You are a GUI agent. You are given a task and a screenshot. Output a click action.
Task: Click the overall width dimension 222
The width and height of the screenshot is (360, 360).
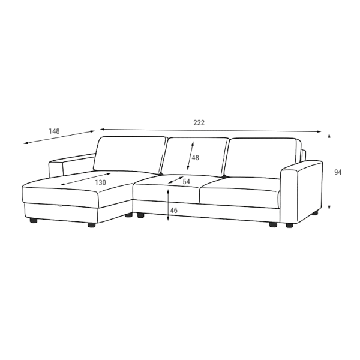coord(199,123)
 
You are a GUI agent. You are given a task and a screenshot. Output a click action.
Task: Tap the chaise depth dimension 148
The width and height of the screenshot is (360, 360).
coord(54,131)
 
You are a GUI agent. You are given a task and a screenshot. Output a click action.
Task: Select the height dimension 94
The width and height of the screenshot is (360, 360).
coord(338,172)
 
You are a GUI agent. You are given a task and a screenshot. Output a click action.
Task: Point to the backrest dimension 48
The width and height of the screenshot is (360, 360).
coord(196,158)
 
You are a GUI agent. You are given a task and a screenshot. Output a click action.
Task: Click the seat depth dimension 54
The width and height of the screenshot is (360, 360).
coord(187,182)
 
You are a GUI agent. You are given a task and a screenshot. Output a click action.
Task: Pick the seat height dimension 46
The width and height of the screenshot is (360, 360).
coord(174,211)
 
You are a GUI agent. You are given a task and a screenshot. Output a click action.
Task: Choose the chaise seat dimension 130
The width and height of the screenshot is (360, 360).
coord(101,182)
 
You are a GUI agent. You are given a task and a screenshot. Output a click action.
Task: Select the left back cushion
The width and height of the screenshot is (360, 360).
coord(130,155)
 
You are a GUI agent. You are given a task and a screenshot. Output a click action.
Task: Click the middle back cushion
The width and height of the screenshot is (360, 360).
coord(195,157)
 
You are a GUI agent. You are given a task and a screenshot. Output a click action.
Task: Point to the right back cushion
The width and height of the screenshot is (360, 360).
coord(264,158)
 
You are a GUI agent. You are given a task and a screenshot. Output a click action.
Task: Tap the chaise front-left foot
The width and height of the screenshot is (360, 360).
coord(34,221)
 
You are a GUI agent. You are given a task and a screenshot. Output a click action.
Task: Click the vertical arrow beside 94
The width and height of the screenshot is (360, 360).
coord(329,172)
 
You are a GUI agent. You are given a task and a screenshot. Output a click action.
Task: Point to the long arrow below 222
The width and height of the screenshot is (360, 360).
coord(211,130)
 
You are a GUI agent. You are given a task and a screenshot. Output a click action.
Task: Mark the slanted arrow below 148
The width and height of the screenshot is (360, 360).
coord(59,137)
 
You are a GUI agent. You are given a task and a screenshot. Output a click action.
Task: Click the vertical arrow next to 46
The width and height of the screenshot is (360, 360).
coord(168,205)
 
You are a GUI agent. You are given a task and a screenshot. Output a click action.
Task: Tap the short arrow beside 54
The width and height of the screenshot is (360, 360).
coord(176,180)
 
